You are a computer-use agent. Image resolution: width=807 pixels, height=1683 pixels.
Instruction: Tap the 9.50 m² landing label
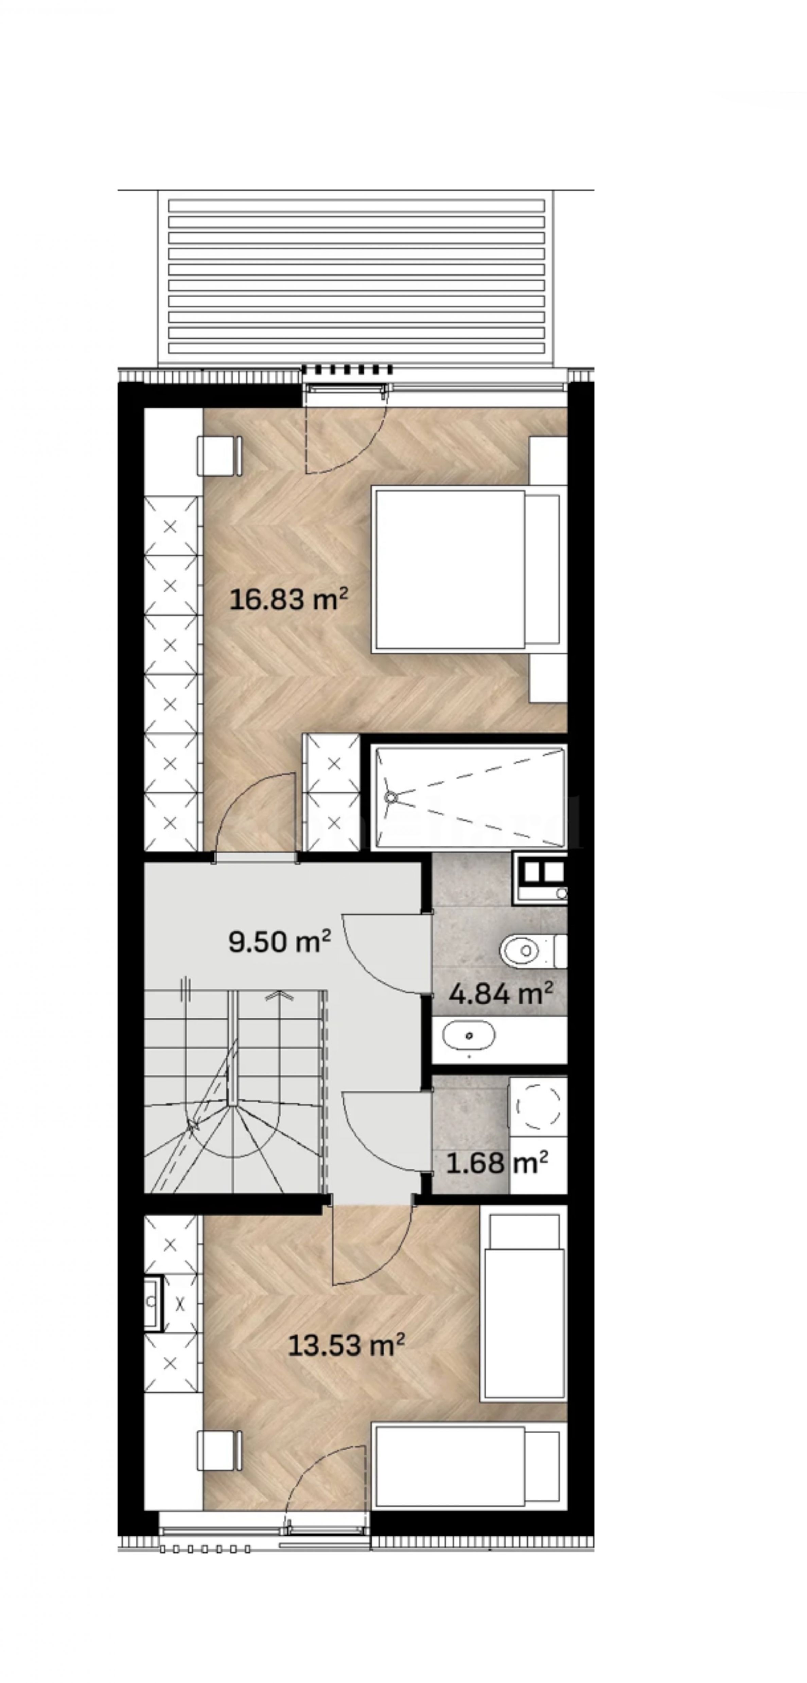pyautogui.click(x=279, y=941)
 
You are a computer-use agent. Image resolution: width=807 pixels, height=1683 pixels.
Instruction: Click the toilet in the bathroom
pyautogui.click(x=532, y=951)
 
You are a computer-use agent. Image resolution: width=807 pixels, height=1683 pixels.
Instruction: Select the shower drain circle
pyautogui.click(x=391, y=797)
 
